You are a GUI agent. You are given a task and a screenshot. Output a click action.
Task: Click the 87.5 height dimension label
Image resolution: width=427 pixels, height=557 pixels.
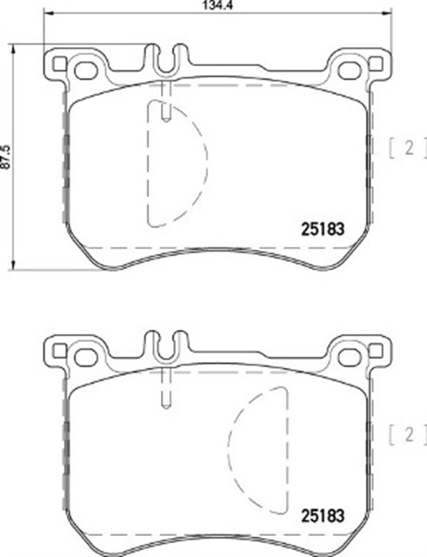5,157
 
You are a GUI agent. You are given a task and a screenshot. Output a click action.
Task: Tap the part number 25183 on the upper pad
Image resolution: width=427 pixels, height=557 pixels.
323,230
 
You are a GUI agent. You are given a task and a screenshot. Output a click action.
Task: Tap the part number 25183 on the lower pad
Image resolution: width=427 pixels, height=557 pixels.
323,516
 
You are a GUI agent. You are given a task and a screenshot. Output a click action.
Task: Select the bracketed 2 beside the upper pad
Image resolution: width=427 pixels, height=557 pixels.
408,148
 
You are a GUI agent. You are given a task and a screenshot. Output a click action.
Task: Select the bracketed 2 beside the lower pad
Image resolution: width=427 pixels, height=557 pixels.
408,435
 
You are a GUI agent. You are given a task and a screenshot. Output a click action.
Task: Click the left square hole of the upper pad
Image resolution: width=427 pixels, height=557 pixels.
60,64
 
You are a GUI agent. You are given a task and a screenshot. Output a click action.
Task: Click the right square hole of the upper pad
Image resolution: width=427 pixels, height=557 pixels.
375,64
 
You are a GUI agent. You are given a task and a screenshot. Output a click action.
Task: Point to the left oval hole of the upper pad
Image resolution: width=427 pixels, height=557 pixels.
86,70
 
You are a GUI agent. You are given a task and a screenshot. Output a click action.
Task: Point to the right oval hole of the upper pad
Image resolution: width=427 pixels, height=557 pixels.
350,70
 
